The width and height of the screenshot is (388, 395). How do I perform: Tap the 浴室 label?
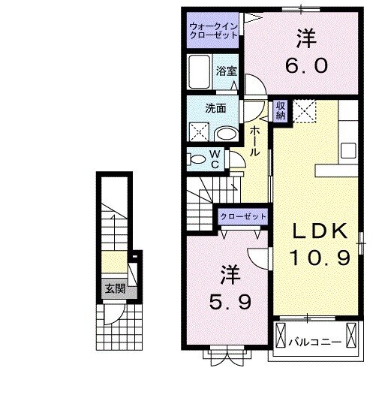(x=226, y=71)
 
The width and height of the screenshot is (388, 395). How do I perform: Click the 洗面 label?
(x=215, y=108)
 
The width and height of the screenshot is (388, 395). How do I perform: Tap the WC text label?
(x=213, y=159)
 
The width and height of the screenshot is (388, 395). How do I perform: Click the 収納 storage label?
(x=280, y=111)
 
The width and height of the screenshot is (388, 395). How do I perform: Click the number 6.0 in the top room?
(x=305, y=66)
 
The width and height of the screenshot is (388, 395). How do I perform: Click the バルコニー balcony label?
(x=314, y=342)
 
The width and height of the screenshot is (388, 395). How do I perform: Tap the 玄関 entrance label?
(x=114, y=288)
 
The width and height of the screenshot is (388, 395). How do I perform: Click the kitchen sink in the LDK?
(x=348, y=149)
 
